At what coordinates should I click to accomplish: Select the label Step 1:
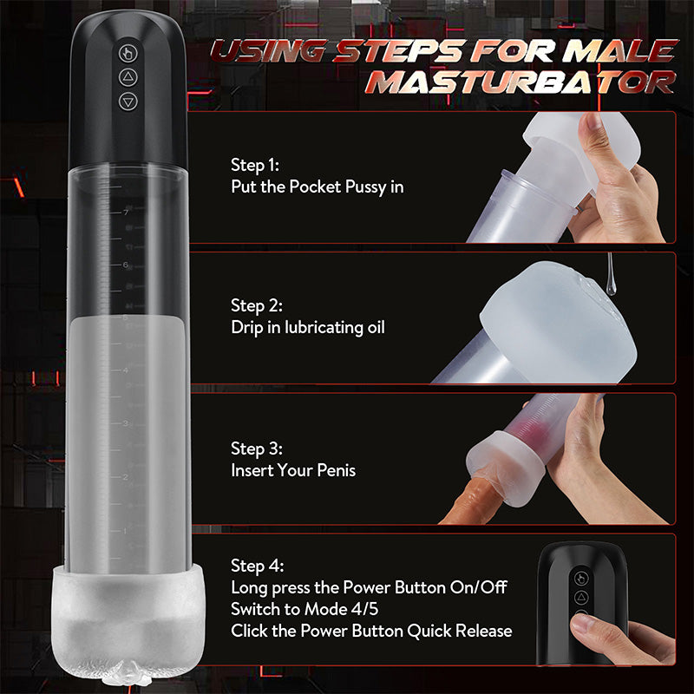pos(255,165)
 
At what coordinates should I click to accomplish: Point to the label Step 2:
pos(256,305)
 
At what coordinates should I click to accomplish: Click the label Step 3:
pos(256,448)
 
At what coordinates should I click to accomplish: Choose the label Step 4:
pos(257,566)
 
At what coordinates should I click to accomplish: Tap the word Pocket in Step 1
pos(315,187)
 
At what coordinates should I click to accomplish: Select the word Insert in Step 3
pos(252,470)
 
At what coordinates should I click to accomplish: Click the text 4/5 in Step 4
pos(364,609)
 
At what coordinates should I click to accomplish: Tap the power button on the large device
pos(128,53)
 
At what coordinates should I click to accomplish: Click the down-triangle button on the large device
pos(128,101)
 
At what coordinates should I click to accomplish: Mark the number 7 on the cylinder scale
pos(126,213)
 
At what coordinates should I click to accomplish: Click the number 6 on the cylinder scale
pos(126,265)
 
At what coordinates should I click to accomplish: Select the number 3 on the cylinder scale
pos(126,423)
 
